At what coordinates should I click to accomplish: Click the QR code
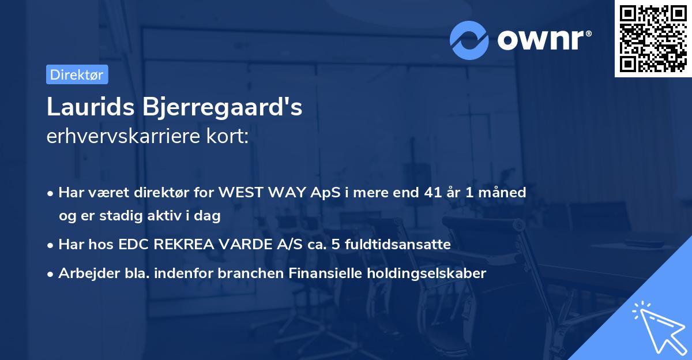click(x=653, y=39)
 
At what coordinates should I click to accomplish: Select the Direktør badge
click(x=77, y=74)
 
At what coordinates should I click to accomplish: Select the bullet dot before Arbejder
click(x=51, y=274)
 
